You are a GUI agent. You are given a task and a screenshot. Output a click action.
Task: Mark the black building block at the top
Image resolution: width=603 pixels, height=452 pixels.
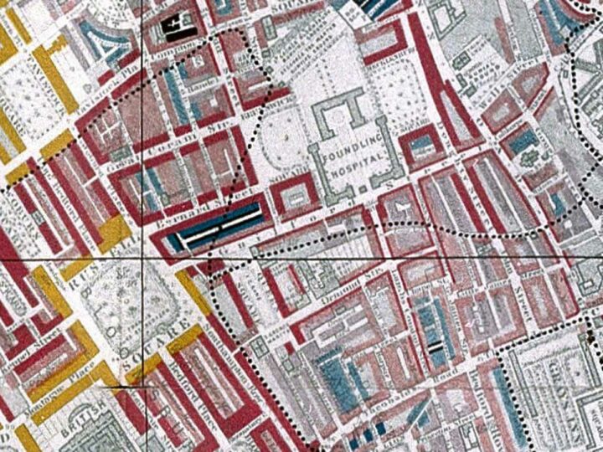pyautogui.click(x=177, y=28)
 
